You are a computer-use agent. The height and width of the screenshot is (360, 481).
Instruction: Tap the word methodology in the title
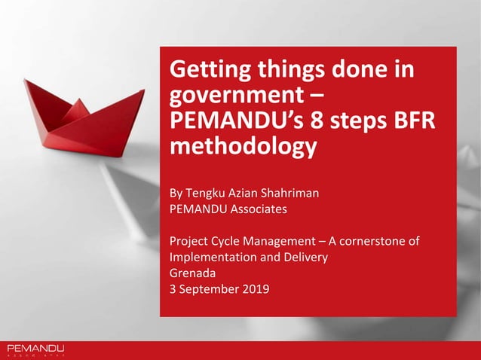(240, 146)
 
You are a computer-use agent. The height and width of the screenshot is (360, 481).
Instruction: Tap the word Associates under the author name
(254, 209)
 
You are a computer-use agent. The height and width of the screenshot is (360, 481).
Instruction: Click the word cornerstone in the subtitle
(371, 241)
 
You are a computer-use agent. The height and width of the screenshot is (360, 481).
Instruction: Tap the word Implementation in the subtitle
(209, 257)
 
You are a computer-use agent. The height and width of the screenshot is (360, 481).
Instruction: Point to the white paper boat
(128, 188)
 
